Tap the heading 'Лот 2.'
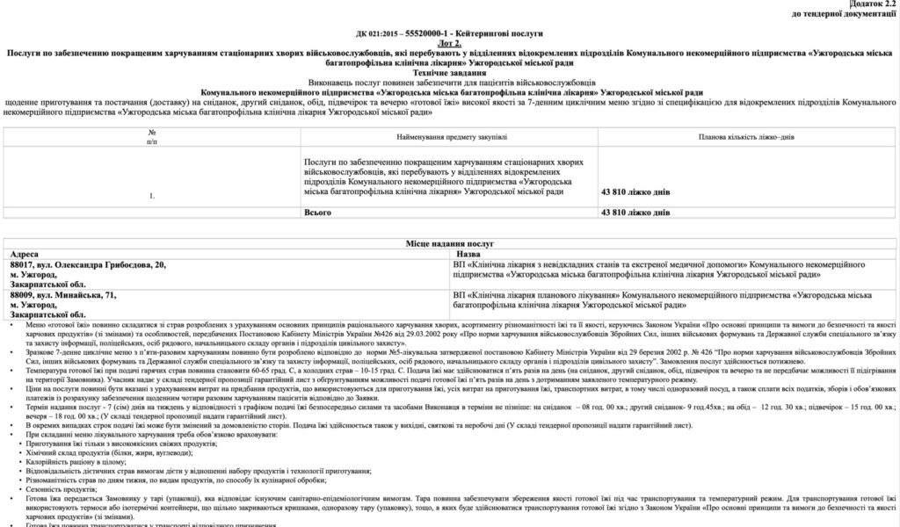pyautogui.click(x=450, y=43)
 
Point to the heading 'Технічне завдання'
pyautogui.click(x=450, y=73)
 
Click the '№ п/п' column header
pyautogui.click(x=152, y=137)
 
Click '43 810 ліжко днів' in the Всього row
pyautogui.click(x=635, y=213)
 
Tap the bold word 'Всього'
pyautogui.click(x=317, y=213)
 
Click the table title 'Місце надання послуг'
pyautogui.click(x=451, y=239)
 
